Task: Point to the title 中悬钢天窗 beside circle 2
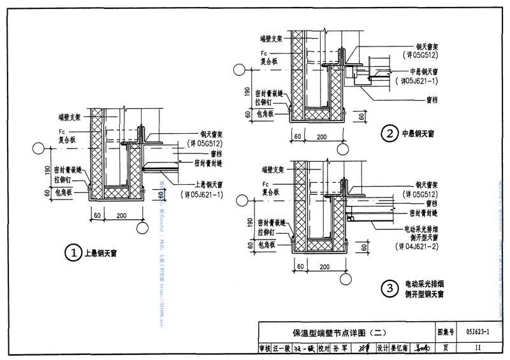pyautogui.click(x=418, y=134)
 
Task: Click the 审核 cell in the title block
pyautogui.click(x=265, y=348)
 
